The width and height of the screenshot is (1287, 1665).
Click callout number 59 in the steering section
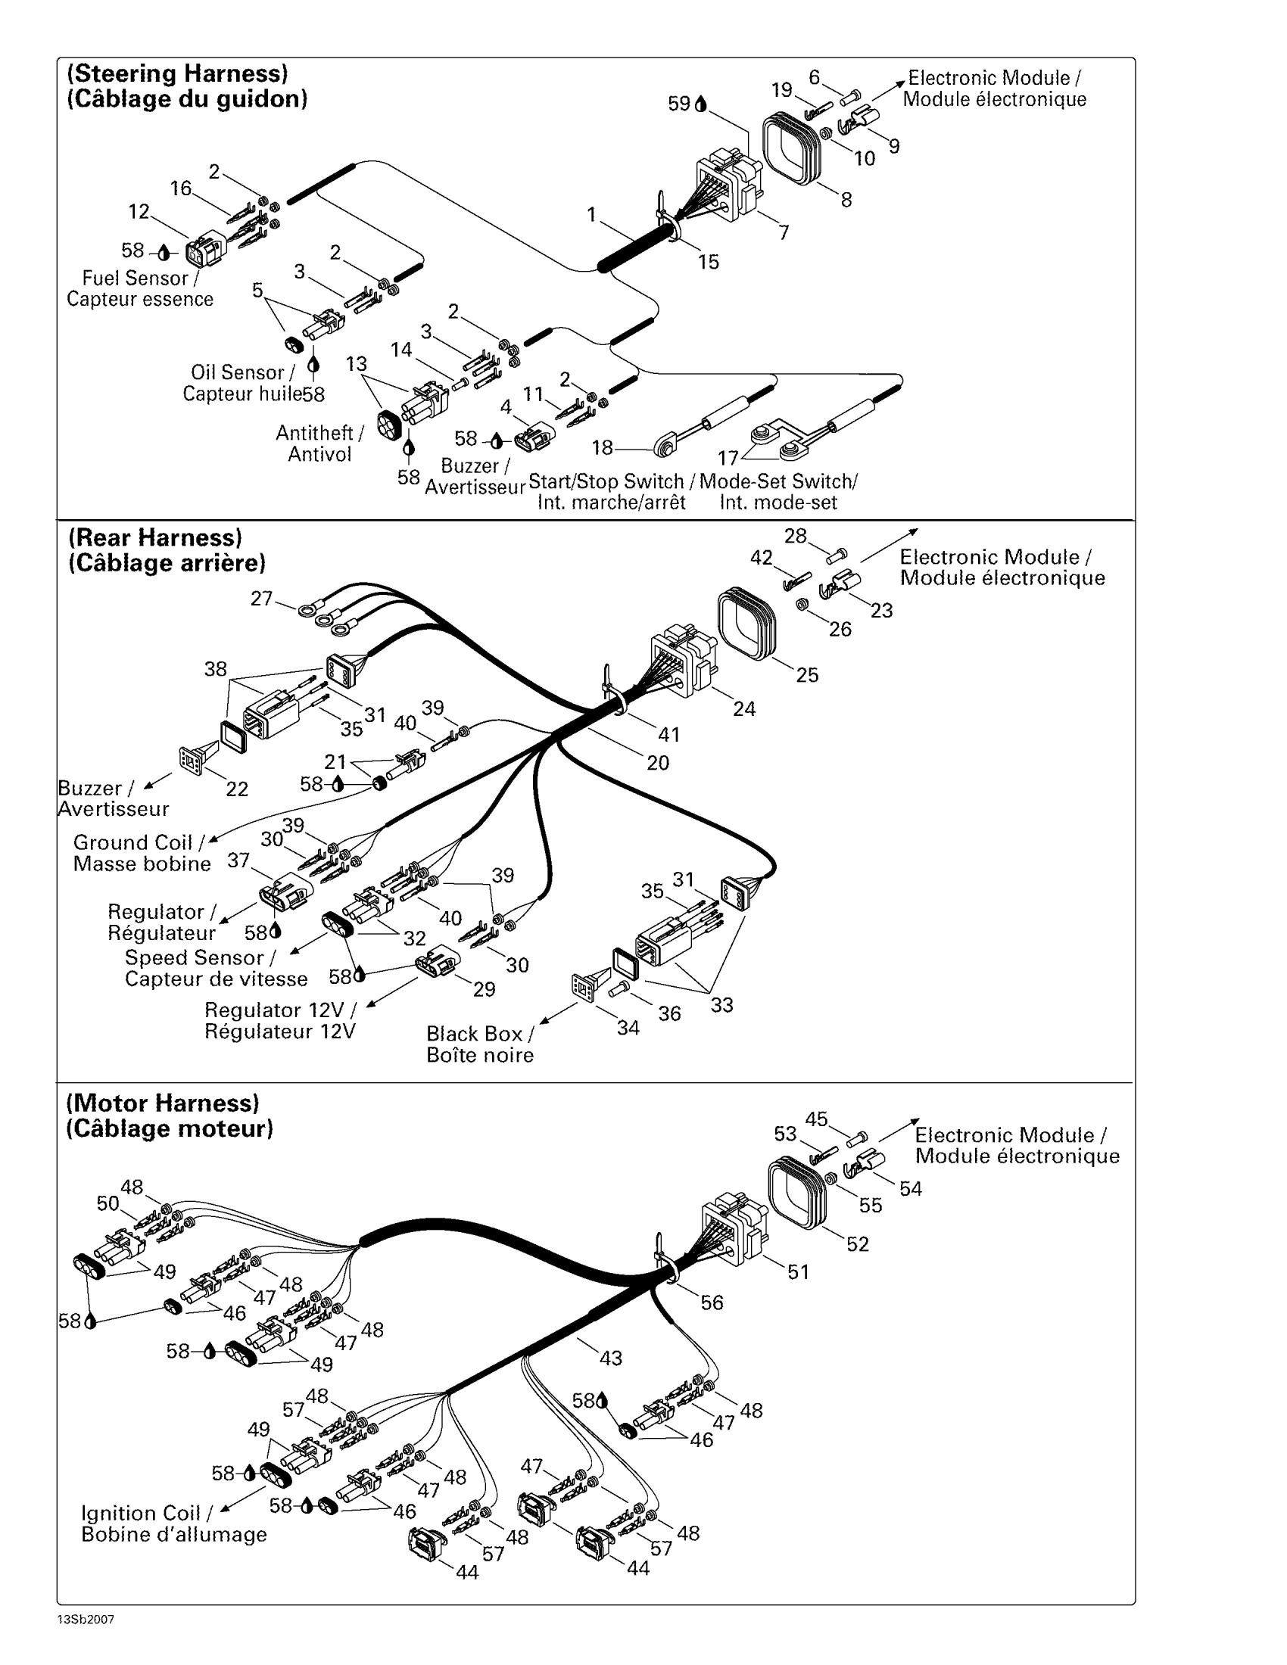[x=678, y=104]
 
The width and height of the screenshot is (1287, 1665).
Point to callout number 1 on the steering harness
[x=591, y=216]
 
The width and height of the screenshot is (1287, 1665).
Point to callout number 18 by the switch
[x=603, y=447]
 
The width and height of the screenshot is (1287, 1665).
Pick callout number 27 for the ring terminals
[x=261, y=599]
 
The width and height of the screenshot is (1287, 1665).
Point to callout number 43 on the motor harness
[x=611, y=1358]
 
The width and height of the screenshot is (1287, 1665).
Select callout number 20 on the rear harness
[x=658, y=762]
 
